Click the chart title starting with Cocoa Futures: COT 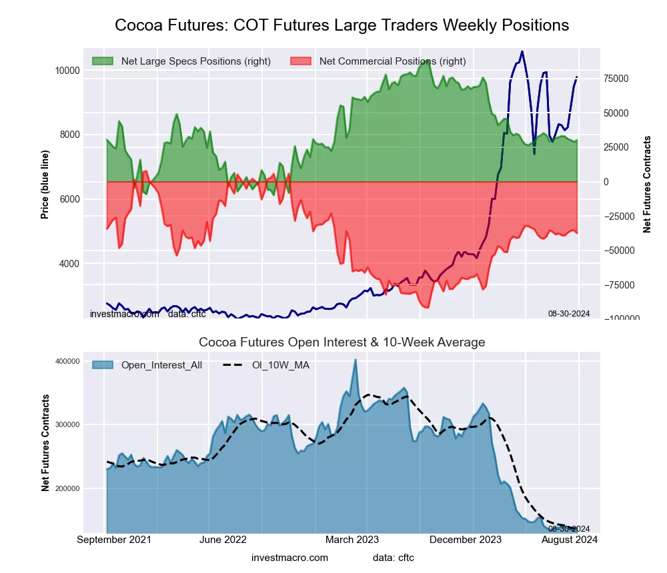coord(342,25)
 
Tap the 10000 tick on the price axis coord(66,70)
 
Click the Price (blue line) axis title coord(45,185)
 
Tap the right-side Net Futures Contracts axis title coord(646,184)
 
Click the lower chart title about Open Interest coord(342,342)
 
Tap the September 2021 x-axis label coord(114,540)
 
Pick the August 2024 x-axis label coord(569,540)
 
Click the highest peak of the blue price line coord(522,51)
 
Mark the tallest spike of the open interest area coord(356,360)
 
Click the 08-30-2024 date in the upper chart coord(568,314)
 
